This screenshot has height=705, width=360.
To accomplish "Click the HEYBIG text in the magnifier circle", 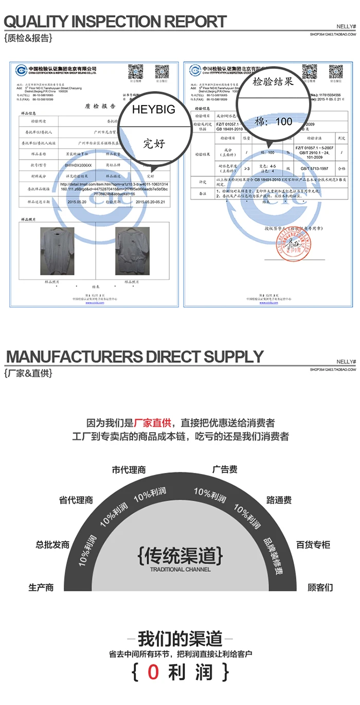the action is (x=153, y=109).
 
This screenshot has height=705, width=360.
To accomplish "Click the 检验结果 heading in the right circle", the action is (x=273, y=82).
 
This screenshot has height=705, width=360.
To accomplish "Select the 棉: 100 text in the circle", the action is (x=274, y=122).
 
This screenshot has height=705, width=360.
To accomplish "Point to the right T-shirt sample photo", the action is (x=132, y=251).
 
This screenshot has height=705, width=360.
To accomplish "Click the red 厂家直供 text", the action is (x=152, y=423).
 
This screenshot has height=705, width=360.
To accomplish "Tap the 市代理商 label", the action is (x=129, y=470).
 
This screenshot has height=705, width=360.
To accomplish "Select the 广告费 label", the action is (x=225, y=470).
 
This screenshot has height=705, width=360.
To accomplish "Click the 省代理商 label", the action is (x=76, y=500).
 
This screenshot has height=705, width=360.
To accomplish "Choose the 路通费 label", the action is (x=279, y=500).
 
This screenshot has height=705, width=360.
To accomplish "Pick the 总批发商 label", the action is (x=52, y=544).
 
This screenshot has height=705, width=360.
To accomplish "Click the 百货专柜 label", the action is (x=313, y=544).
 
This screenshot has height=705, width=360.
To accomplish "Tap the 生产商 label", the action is (x=41, y=587).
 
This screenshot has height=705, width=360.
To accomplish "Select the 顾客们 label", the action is (x=320, y=587).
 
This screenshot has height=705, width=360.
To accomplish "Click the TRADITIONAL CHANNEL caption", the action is (x=180, y=570).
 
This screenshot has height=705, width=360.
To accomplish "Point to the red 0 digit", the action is (x=154, y=672).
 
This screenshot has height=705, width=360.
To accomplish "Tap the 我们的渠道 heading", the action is (x=180, y=639).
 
